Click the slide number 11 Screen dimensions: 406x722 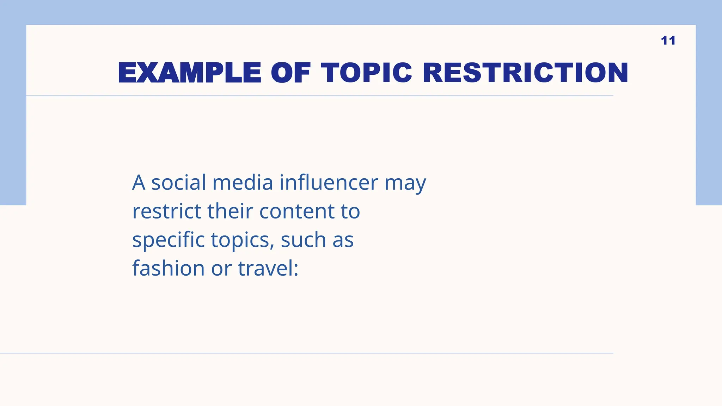coord(668,41)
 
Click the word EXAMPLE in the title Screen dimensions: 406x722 coord(190,73)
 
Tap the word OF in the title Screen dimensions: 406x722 coord(291,73)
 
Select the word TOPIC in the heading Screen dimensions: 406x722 coord(366,73)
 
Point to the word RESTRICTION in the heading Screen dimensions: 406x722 coord(525,73)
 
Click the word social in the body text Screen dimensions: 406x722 coord(178,183)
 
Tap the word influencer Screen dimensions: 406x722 coord(329,183)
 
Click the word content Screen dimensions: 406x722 coord(296,211)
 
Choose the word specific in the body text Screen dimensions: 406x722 coord(168,240)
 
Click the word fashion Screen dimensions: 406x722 coord(168,269)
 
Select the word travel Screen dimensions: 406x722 coord(265,269)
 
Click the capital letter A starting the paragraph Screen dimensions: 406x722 coord(139,183)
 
